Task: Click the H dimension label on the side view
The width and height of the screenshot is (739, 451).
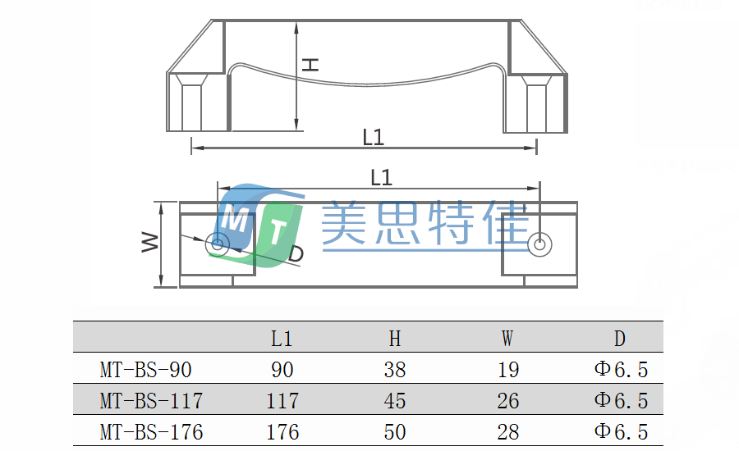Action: [x=310, y=63]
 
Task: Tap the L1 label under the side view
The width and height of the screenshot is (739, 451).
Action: [x=374, y=137]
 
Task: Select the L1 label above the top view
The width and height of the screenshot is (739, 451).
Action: [x=381, y=177]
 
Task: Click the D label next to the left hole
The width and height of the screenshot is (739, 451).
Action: [x=296, y=254]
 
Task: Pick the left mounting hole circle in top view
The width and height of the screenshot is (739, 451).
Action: [x=218, y=243]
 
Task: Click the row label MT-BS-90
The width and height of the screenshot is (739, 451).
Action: [x=145, y=370]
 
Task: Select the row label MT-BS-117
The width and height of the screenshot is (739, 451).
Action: [x=151, y=401]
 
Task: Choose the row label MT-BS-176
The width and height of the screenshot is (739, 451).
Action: [x=151, y=431]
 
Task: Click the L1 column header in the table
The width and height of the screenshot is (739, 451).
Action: [x=282, y=338]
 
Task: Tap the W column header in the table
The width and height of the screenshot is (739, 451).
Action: [x=507, y=338]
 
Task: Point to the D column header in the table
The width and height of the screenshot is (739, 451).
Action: [x=620, y=338]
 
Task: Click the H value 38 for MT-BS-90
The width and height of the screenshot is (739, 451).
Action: [x=395, y=370]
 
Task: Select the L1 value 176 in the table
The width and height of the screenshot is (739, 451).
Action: [x=282, y=431]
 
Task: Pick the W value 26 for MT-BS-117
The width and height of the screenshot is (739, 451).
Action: [x=508, y=401]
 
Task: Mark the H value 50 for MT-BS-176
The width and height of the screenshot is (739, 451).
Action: [x=395, y=431]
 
